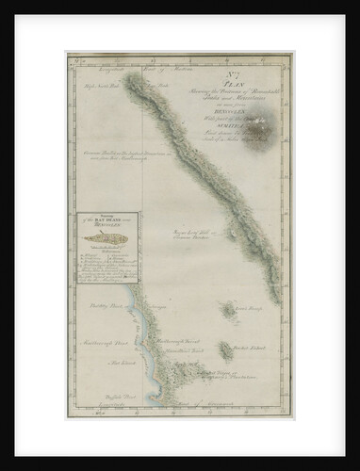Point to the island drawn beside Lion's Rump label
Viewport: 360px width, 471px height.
tap(228, 309)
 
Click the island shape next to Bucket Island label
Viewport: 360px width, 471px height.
tap(225, 350)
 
